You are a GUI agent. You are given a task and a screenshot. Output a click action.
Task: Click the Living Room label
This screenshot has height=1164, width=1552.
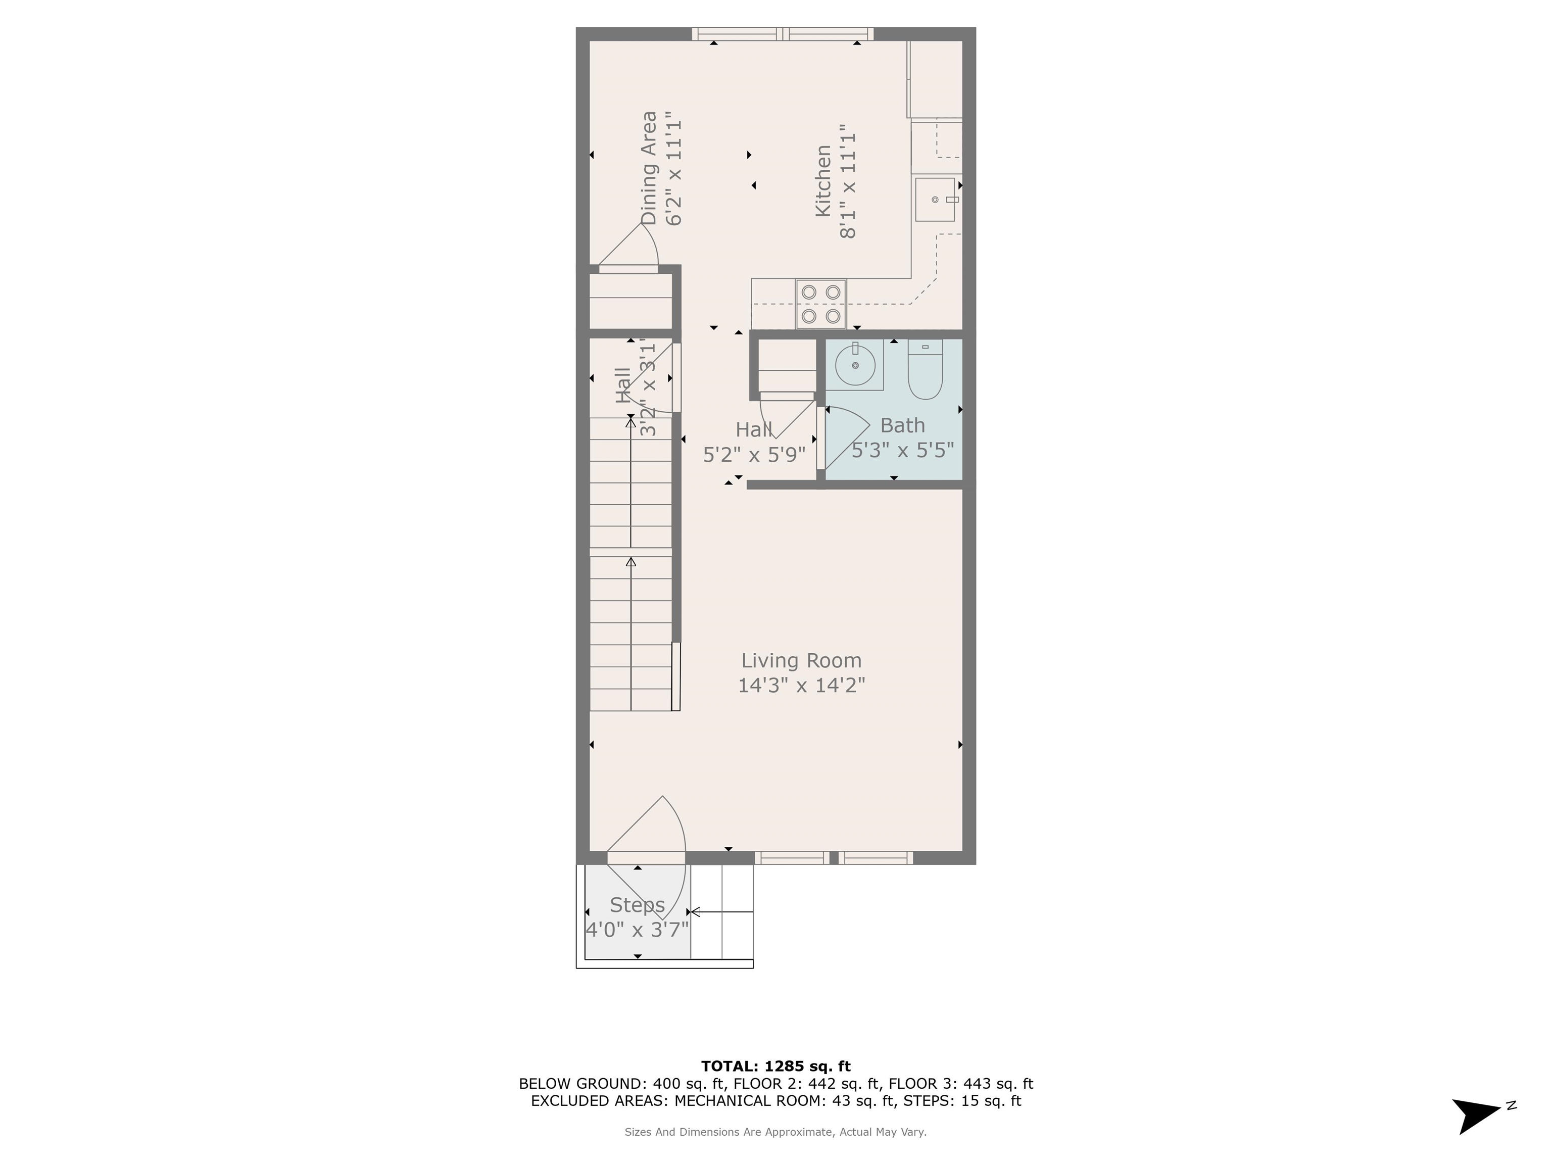[x=801, y=660]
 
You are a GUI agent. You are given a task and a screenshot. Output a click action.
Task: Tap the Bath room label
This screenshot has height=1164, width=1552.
[x=902, y=425]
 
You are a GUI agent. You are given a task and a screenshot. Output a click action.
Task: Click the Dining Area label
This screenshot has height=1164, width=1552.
[x=649, y=168]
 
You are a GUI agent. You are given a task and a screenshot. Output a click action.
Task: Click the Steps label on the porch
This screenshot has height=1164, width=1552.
[x=637, y=905]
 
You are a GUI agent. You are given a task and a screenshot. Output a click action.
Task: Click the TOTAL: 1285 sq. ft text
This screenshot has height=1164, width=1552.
[x=775, y=1066]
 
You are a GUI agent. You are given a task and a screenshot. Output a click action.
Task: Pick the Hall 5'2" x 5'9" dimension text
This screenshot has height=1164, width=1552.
[x=754, y=455]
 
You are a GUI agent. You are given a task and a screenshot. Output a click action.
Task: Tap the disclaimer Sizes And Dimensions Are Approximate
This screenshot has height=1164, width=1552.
[x=775, y=1132]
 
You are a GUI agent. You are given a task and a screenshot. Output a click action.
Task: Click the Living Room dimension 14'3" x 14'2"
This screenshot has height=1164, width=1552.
[x=801, y=685]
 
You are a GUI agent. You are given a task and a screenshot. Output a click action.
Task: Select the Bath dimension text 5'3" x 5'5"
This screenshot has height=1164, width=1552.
[x=902, y=450]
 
